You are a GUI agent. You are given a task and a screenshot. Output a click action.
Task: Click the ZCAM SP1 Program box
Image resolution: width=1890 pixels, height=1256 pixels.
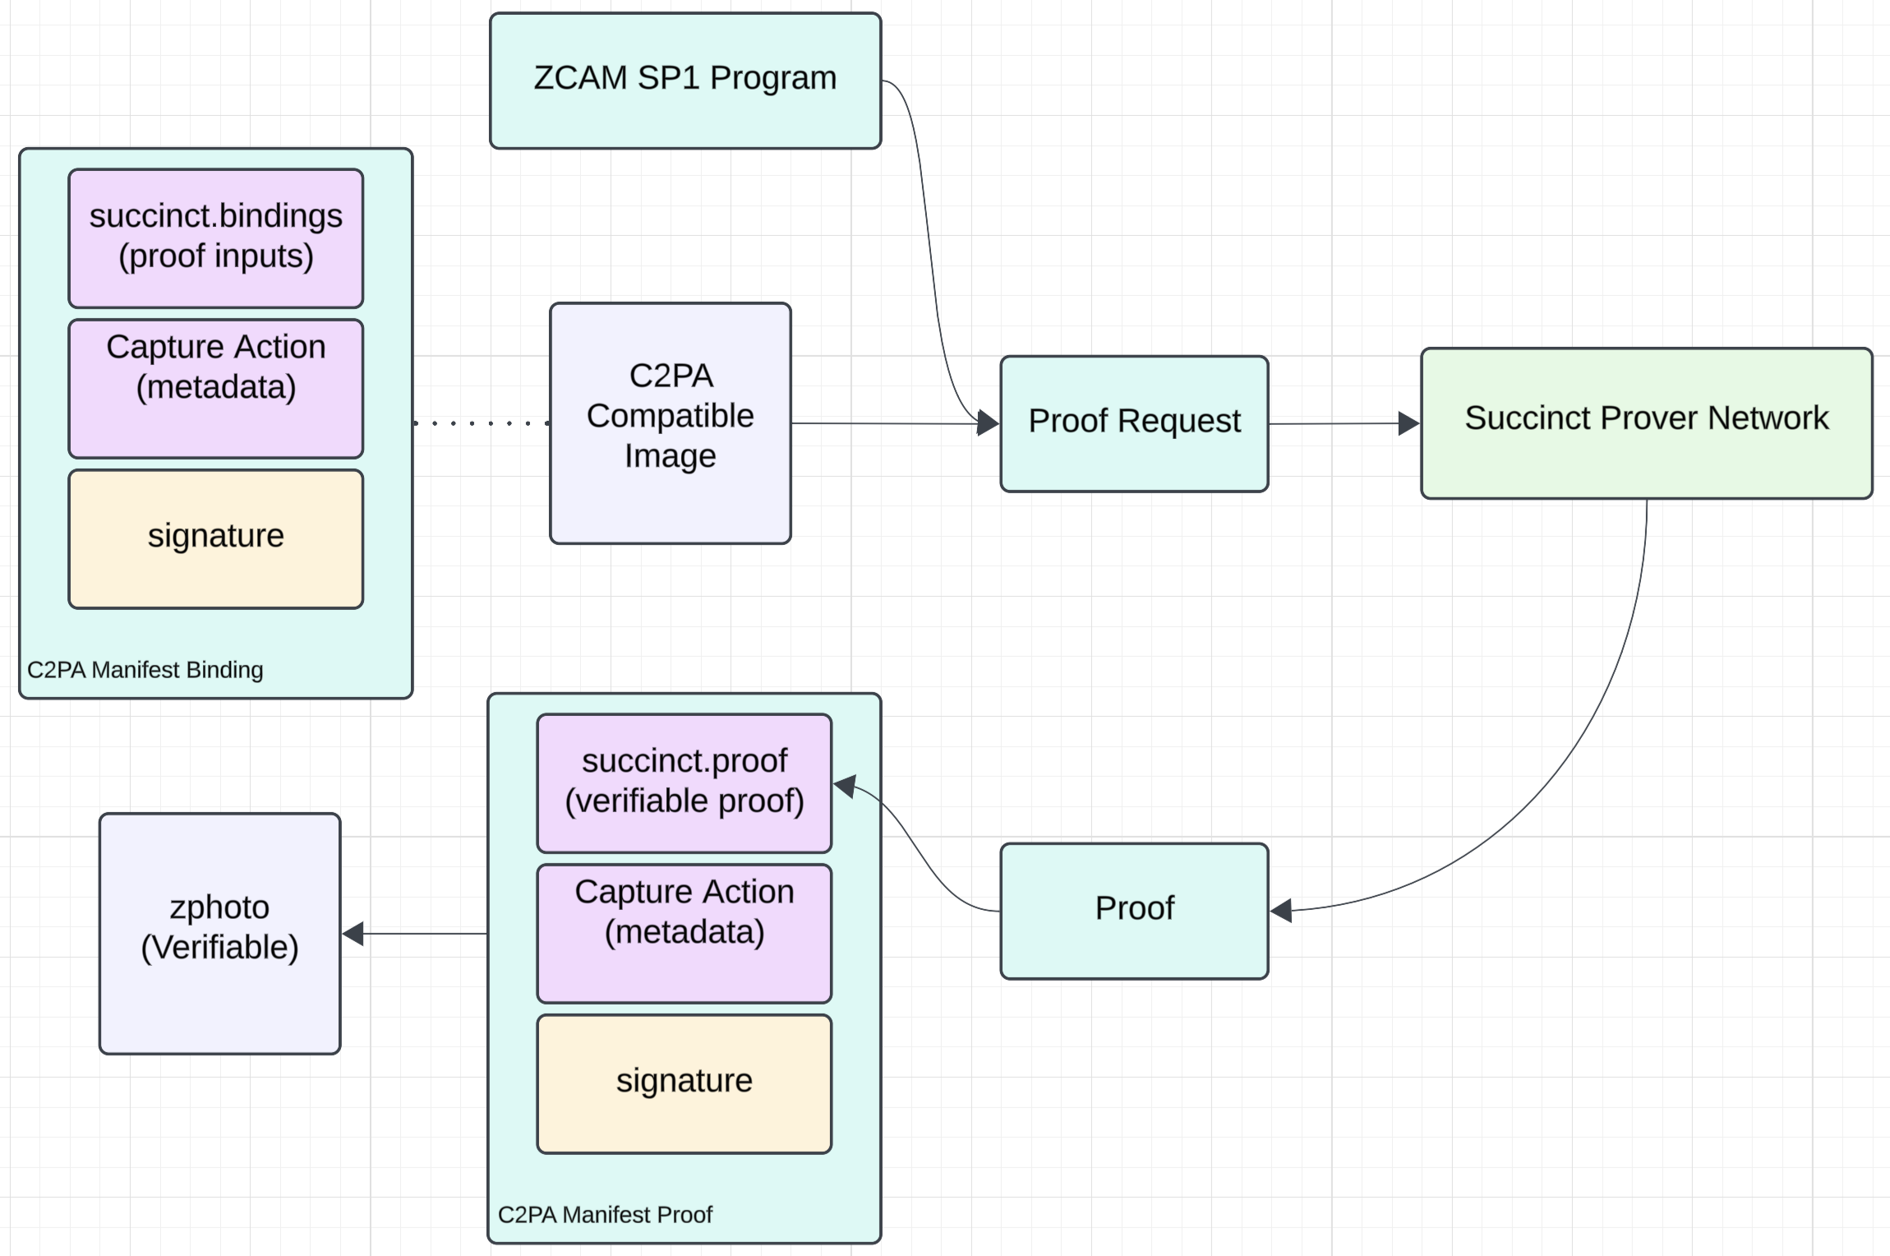(685, 81)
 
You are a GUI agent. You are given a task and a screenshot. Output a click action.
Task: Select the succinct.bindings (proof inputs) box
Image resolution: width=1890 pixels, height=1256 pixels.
(215, 238)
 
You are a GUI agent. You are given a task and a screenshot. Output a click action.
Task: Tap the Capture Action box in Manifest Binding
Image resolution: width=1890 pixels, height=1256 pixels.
(215, 388)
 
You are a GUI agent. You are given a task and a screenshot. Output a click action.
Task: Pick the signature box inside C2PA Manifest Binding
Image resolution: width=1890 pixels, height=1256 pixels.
(215, 538)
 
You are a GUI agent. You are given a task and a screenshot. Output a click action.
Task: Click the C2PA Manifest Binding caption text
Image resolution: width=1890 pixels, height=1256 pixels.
(145, 670)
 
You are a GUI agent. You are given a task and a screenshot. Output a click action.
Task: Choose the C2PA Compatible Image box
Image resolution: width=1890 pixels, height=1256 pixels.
(670, 423)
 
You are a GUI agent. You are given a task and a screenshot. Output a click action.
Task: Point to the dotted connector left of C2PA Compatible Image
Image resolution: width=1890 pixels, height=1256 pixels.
(481, 423)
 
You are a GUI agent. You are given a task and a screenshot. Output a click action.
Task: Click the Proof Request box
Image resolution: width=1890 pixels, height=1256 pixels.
(1134, 423)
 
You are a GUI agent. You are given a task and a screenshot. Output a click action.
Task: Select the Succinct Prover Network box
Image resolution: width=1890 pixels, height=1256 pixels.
(1646, 423)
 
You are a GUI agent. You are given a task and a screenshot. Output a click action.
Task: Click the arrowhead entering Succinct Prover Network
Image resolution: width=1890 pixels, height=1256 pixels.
(1408, 423)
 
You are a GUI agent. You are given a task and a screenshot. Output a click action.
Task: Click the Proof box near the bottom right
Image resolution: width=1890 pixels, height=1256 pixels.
(1134, 911)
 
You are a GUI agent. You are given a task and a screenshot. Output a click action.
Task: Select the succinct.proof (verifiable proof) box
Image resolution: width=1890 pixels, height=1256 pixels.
(684, 783)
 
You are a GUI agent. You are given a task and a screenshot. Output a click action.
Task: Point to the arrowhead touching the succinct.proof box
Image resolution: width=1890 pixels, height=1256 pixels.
(845, 786)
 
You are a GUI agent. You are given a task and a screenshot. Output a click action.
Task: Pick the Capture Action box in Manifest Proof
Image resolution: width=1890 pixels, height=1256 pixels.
(684, 933)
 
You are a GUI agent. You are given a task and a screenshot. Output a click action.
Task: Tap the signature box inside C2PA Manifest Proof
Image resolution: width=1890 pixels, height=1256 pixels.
(684, 1083)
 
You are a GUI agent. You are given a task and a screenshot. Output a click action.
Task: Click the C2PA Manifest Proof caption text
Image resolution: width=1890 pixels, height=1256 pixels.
(605, 1215)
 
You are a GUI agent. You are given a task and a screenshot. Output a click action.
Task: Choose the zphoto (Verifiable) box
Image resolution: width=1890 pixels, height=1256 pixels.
(219, 933)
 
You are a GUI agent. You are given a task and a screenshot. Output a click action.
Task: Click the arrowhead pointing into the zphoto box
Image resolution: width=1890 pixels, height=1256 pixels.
(353, 934)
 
